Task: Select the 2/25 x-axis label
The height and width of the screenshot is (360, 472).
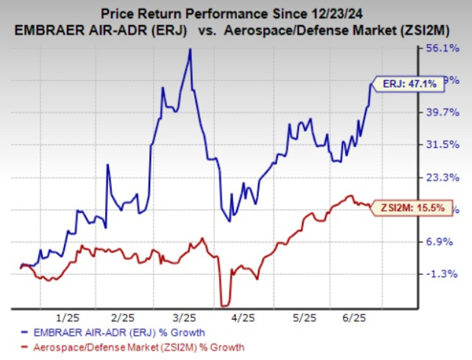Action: point(123,317)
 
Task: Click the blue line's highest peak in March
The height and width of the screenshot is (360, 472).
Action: point(190,49)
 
